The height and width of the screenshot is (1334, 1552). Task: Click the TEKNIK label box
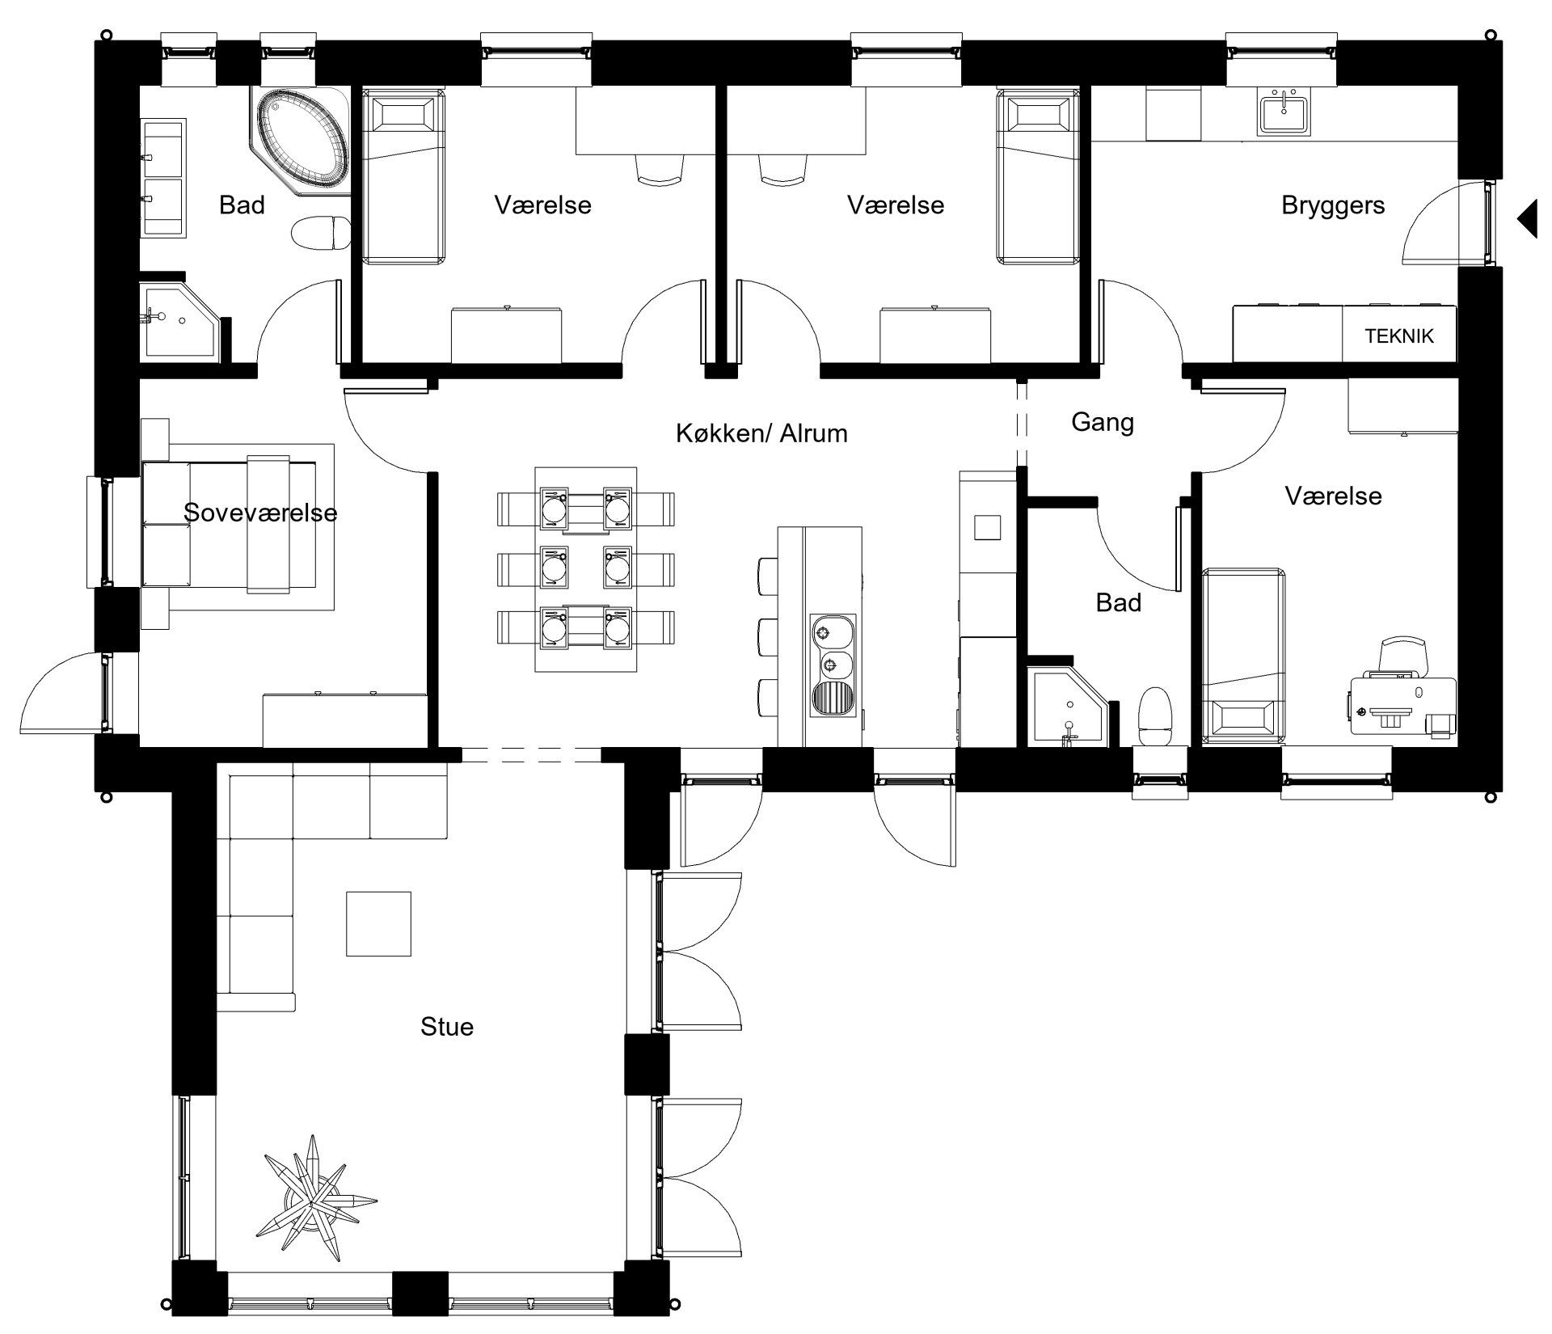click(x=1398, y=335)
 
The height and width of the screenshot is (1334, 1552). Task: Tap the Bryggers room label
click(x=1333, y=205)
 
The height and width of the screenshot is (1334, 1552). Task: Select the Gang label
click(x=1103, y=422)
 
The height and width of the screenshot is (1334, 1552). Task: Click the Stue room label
click(x=447, y=1027)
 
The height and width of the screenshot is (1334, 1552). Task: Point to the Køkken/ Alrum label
click(x=761, y=433)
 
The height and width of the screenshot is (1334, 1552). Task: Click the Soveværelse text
click(x=260, y=513)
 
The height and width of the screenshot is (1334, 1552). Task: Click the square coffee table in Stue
click(x=379, y=923)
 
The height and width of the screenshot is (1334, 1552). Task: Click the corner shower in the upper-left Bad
click(x=179, y=321)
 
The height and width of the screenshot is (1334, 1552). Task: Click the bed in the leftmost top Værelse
click(x=404, y=177)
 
